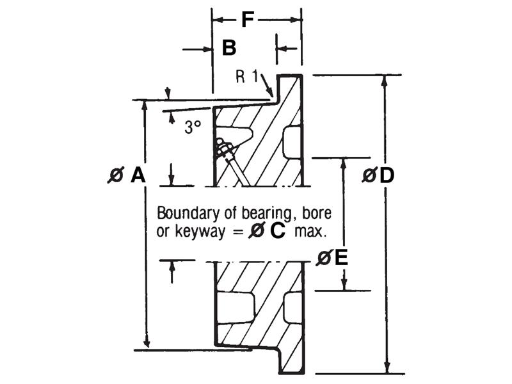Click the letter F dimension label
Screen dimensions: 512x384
click(248, 19)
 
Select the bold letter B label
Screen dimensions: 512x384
click(229, 47)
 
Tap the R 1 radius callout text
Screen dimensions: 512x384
click(246, 77)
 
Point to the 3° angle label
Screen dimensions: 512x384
click(193, 127)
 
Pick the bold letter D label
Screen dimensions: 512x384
click(387, 175)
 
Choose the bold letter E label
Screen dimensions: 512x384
click(341, 258)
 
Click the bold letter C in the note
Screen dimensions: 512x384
click(277, 232)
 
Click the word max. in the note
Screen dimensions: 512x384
click(310, 232)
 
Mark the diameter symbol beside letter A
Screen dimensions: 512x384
click(116, 175)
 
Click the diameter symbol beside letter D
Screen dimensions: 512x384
click(370, 175)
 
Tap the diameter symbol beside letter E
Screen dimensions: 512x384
click(324, 258)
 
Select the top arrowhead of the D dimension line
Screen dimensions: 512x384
click(385, 81)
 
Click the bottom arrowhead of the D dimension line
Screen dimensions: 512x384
click(387, 368)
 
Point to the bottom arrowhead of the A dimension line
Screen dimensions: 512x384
click(147, 343)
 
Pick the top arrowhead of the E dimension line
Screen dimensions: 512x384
click(343, 163)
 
